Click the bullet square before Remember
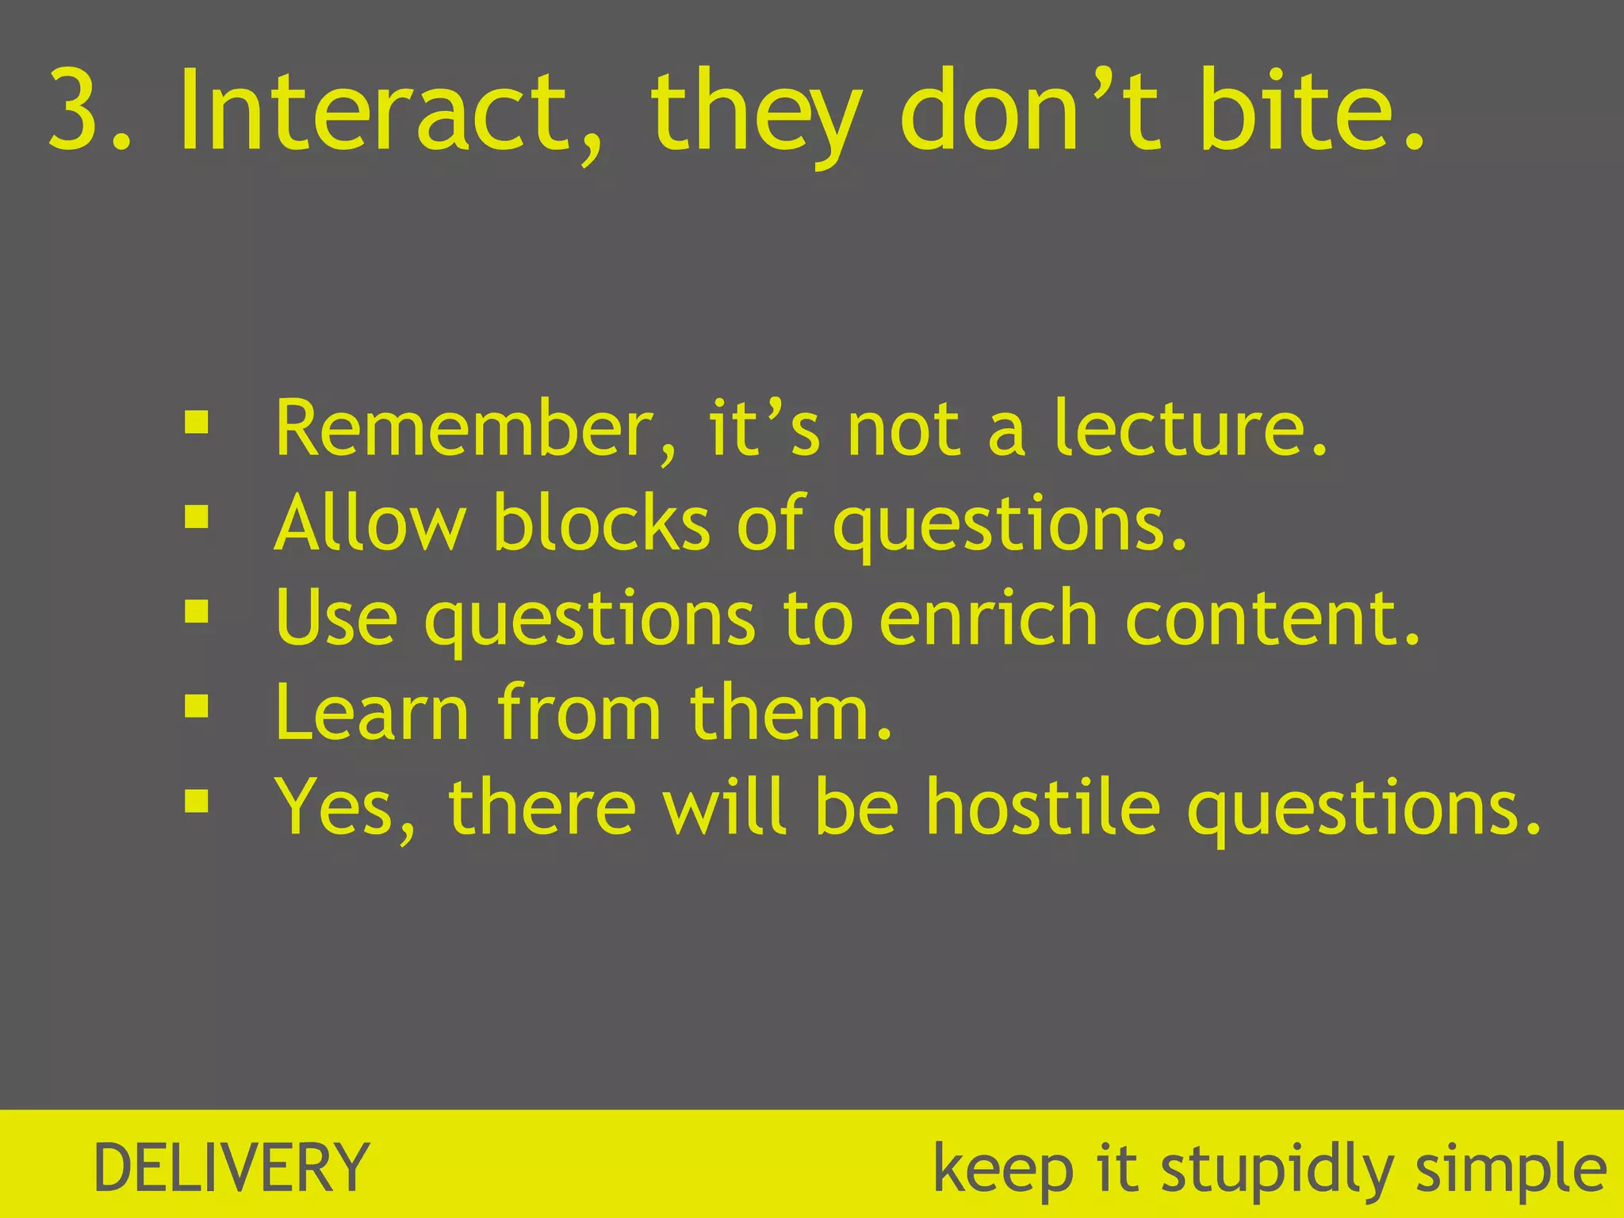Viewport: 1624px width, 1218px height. (x=196, y=423)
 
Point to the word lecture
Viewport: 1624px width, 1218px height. (x=1189, y=430)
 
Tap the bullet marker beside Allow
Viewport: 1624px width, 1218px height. (x=196, y=518)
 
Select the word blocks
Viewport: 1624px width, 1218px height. (x=602, y=523)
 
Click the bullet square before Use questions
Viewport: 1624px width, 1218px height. (x=196, y=611)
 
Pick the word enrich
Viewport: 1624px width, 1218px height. (x=988, y=618)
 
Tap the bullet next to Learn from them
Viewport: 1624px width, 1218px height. (x=196, y=706)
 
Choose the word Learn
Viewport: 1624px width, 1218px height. (x=372, y=712)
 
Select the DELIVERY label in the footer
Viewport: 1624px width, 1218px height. (x=231, y=1167)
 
